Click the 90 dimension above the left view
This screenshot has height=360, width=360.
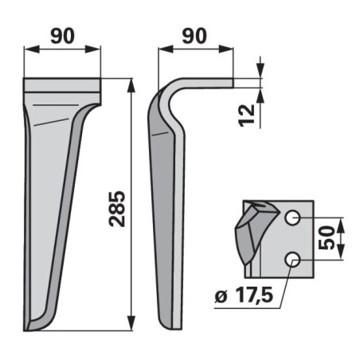[62, 36]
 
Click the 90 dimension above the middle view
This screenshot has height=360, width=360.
[194, 36]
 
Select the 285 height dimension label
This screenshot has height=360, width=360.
[117, 209]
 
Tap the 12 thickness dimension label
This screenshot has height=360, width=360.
[247, 115]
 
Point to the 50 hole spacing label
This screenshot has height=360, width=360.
[327, 237]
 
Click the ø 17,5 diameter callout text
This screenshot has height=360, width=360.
[244, 295]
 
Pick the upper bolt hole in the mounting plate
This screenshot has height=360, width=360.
[292, 218]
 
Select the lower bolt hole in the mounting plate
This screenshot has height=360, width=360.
[292, 259]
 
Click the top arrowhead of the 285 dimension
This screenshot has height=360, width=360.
[131, 85]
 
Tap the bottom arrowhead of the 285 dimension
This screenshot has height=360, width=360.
[131, 323]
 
